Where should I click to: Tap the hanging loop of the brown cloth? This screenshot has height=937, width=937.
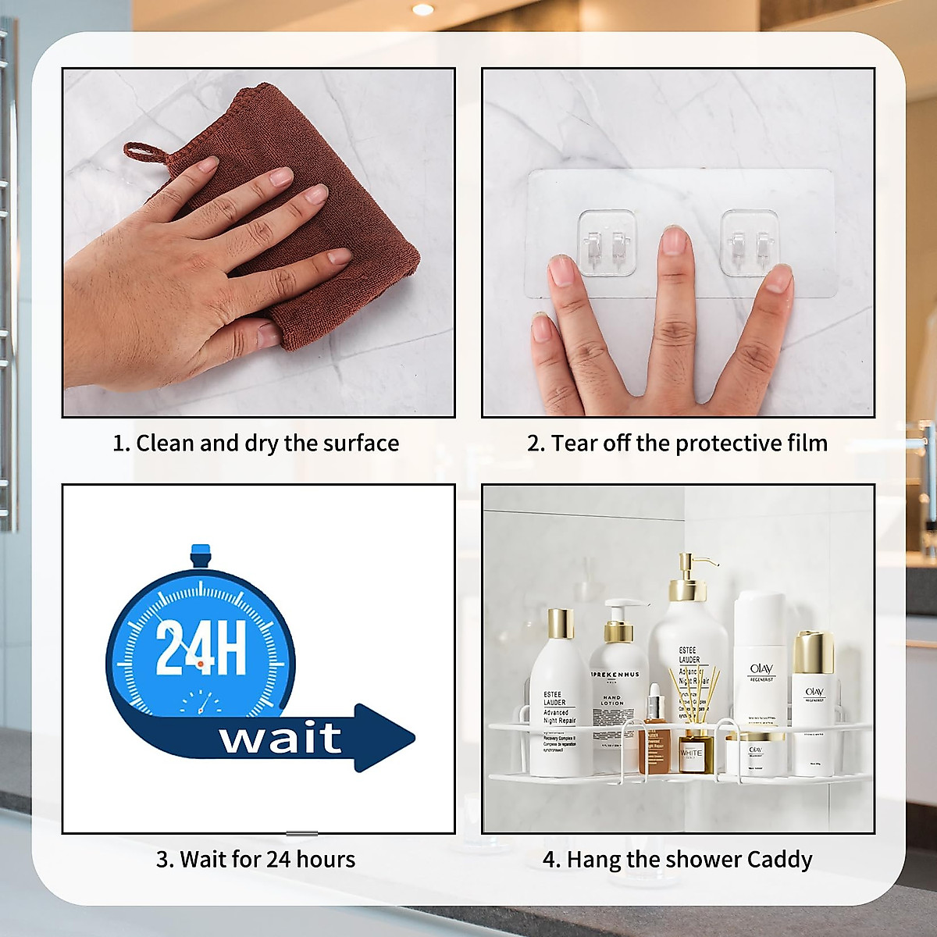144,152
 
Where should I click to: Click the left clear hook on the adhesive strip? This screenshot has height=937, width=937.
607,243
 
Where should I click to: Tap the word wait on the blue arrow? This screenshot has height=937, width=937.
280,738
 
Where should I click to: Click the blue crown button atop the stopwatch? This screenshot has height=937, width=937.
201,554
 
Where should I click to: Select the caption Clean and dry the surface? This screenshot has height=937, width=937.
256,444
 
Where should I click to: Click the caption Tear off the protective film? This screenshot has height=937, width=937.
677,444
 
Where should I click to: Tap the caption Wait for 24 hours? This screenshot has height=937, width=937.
256,860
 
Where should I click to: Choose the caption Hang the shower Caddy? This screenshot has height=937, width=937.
677,860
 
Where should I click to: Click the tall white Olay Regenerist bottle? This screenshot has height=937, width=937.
760,664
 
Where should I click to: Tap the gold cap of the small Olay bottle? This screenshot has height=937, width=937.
814,653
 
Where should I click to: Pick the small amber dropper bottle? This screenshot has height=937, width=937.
655,738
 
